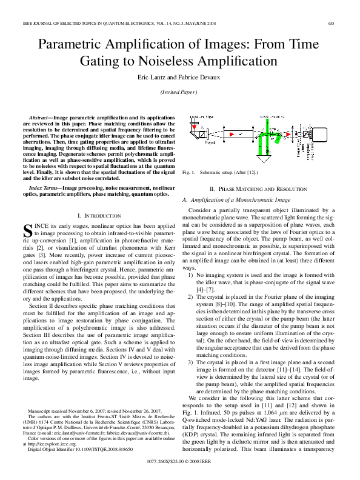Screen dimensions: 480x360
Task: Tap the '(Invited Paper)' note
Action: pyautogui.click(x=179, y=92)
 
